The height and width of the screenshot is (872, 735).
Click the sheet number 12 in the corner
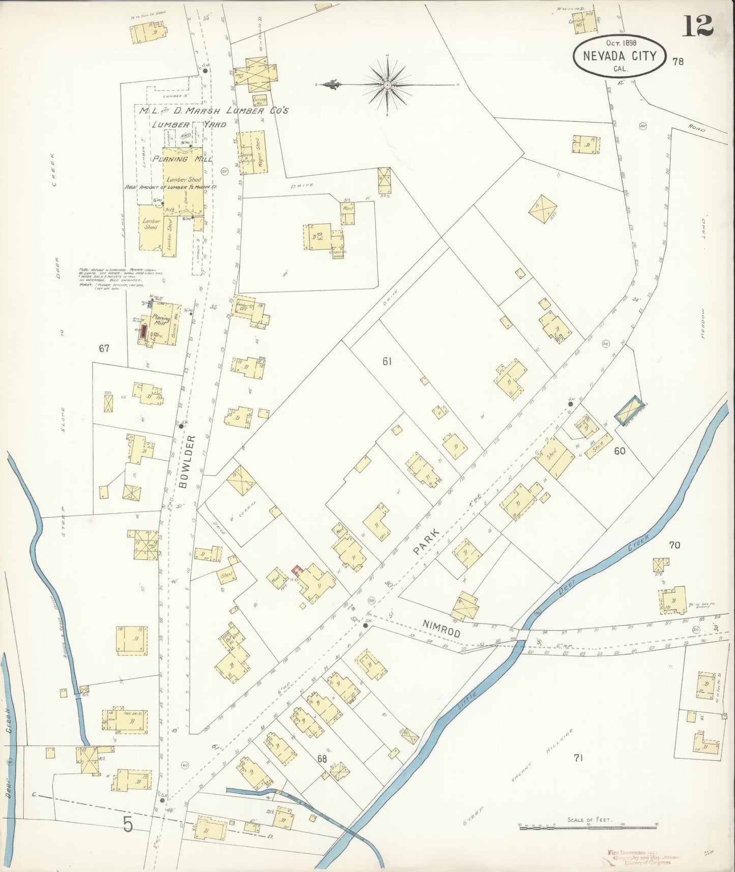(698, 26)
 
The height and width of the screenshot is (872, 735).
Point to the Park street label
(423, 542)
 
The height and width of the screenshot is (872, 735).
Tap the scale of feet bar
(588, 829)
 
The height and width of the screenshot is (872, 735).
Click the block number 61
(388, 361)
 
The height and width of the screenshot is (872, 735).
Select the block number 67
(105, 348)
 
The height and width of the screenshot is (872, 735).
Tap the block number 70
(674, 545)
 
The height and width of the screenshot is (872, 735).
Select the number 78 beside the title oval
(678, 62)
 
